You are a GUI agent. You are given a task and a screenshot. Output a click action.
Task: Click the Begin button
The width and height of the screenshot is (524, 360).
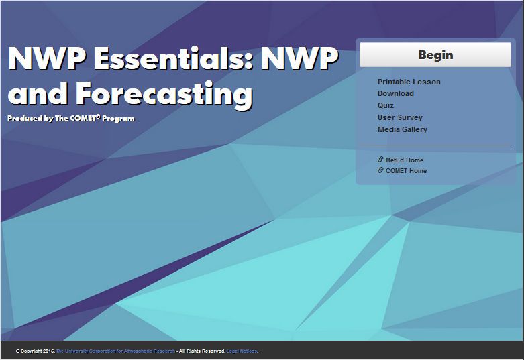(x=435, y=55)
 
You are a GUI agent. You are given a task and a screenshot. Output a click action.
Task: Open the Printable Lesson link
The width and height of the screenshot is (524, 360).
(x=409, y=82)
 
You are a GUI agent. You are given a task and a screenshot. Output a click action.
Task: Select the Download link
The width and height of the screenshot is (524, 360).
(x=396, y=93)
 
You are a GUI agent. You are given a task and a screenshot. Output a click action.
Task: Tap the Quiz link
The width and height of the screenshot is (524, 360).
(x=386, y=105)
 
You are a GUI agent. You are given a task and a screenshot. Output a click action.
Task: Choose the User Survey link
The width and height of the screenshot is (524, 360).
(x=400, y=117)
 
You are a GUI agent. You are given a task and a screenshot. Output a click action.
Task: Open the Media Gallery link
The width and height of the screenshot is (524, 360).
(x=403, y=129)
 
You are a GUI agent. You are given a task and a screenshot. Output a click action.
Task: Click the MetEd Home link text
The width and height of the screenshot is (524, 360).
(x=405, y=160)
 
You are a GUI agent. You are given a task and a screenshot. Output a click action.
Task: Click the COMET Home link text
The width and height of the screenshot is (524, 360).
(x=406, y=171)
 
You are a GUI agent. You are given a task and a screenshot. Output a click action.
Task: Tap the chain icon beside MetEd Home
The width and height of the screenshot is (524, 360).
(x=380, y=160)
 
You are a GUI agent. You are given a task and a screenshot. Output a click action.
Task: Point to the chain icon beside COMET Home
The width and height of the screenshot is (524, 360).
(x=380, y=170)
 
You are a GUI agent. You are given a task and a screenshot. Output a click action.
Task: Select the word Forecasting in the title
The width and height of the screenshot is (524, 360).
(x=164, y=93)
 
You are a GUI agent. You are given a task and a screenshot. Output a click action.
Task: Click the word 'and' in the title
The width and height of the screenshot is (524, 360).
(x=40, y=93)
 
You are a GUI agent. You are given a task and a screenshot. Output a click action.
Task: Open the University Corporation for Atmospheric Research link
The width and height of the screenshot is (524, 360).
(x=115, y=351)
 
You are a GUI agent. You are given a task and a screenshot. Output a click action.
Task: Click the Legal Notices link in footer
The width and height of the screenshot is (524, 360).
(x=242, y=351)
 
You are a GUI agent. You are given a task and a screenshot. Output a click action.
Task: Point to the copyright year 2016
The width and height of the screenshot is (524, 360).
(x=48, y=351)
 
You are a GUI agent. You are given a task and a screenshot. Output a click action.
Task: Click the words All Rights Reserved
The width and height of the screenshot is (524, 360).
(x=202, y=351)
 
